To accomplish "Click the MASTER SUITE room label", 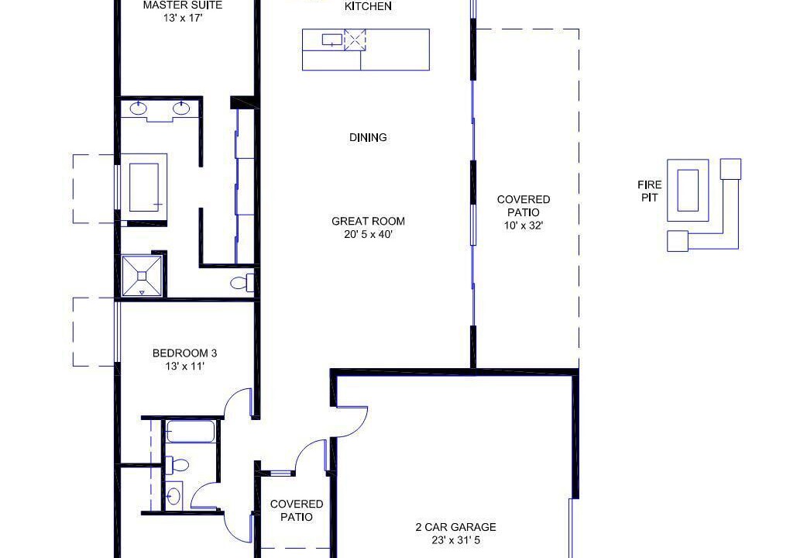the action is coord(182,5).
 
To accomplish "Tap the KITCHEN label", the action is coord(368,6).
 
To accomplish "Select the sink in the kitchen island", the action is coord(332,40).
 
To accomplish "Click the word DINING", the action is coord(368,137).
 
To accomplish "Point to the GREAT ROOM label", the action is coord(368,221).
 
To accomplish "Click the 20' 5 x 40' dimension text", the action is coord(368,234).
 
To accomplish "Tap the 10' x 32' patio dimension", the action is coord(523,226).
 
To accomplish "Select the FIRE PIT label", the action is coord(650,191).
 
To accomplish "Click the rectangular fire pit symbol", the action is coord(688,191).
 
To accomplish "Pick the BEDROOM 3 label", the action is coord(184,353).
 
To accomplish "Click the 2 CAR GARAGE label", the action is coord(455,527).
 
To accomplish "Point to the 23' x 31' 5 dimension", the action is coord(455,540).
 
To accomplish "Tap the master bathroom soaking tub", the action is coord(144,187).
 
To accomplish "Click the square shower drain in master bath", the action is coord(142,276).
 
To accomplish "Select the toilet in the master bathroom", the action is coord(243,283).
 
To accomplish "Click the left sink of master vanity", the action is coord(138,108).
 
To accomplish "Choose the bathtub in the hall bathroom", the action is coord(191,432).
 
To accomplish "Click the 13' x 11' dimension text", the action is coord(184,367).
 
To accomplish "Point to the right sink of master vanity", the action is coord(181,108).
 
